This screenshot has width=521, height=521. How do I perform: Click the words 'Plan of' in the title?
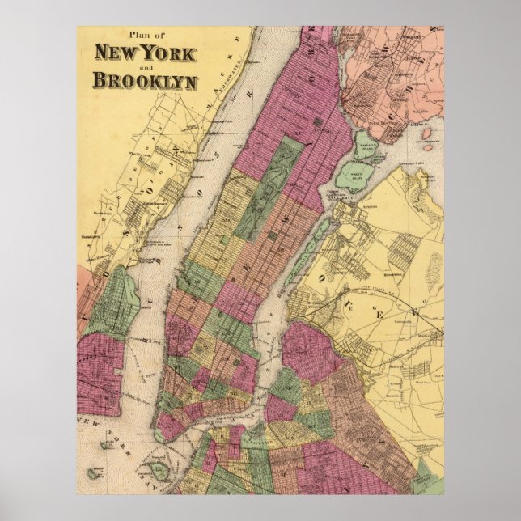[143, 35]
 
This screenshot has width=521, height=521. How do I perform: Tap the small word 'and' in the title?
[143, 68]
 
